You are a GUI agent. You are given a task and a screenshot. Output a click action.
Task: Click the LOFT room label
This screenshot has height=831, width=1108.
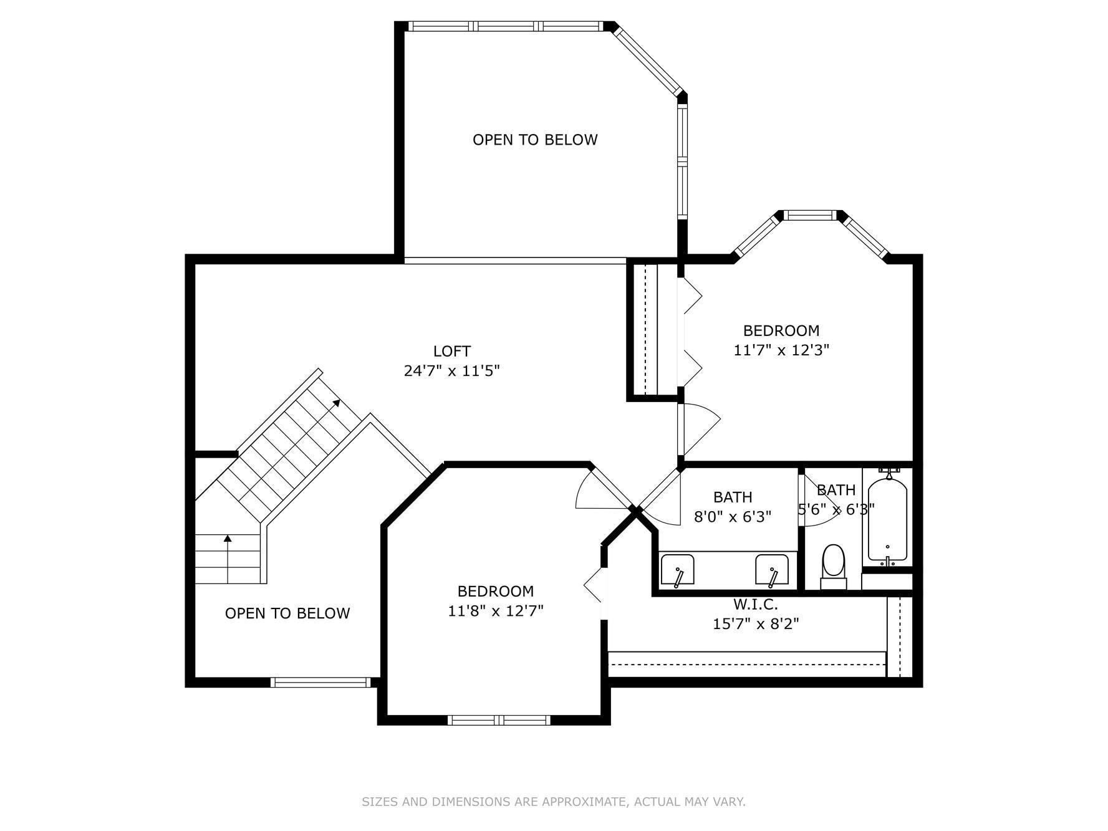[x=451, y=352]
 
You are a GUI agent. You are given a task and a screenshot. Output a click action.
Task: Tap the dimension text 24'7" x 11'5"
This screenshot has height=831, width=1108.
[x=451, y=372]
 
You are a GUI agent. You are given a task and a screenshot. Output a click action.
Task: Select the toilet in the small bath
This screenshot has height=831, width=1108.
[x=833, y=564]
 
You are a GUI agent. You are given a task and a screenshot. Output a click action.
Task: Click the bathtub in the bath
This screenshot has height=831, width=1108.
[x=887, y=520]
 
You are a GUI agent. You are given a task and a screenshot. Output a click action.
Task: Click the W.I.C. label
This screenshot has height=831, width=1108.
[x=755, y=604]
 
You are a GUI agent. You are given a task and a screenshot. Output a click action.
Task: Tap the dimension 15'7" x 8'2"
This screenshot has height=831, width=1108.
[x=755, y=623]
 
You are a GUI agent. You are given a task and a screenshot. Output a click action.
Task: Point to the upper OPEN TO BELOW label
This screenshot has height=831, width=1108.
[x=535, y=140]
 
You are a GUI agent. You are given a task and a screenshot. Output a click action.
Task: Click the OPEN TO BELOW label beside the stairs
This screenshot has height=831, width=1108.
[x=287, y=613]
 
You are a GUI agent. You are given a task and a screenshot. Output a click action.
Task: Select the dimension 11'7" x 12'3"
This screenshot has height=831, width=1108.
[x=781, y=350]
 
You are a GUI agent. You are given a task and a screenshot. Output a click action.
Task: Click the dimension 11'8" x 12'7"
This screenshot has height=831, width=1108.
[x=495, y=610]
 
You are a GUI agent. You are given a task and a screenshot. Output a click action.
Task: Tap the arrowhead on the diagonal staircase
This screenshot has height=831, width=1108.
[x=337, y=402]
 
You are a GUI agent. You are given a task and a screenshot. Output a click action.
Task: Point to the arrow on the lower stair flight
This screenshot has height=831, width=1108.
[x=228, y=538]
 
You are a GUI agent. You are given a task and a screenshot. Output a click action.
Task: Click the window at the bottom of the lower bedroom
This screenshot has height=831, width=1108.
[x=499, y=720]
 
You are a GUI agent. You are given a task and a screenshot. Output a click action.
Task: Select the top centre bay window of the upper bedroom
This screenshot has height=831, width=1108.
[x=809, y=215]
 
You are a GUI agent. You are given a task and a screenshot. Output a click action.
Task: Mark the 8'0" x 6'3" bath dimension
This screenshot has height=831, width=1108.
[x=732, y=517]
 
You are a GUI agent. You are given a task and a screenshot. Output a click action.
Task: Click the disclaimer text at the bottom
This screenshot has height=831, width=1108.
[x=553, y=802]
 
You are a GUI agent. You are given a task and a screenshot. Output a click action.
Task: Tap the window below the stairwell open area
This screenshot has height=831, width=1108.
[x=320, y=683]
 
